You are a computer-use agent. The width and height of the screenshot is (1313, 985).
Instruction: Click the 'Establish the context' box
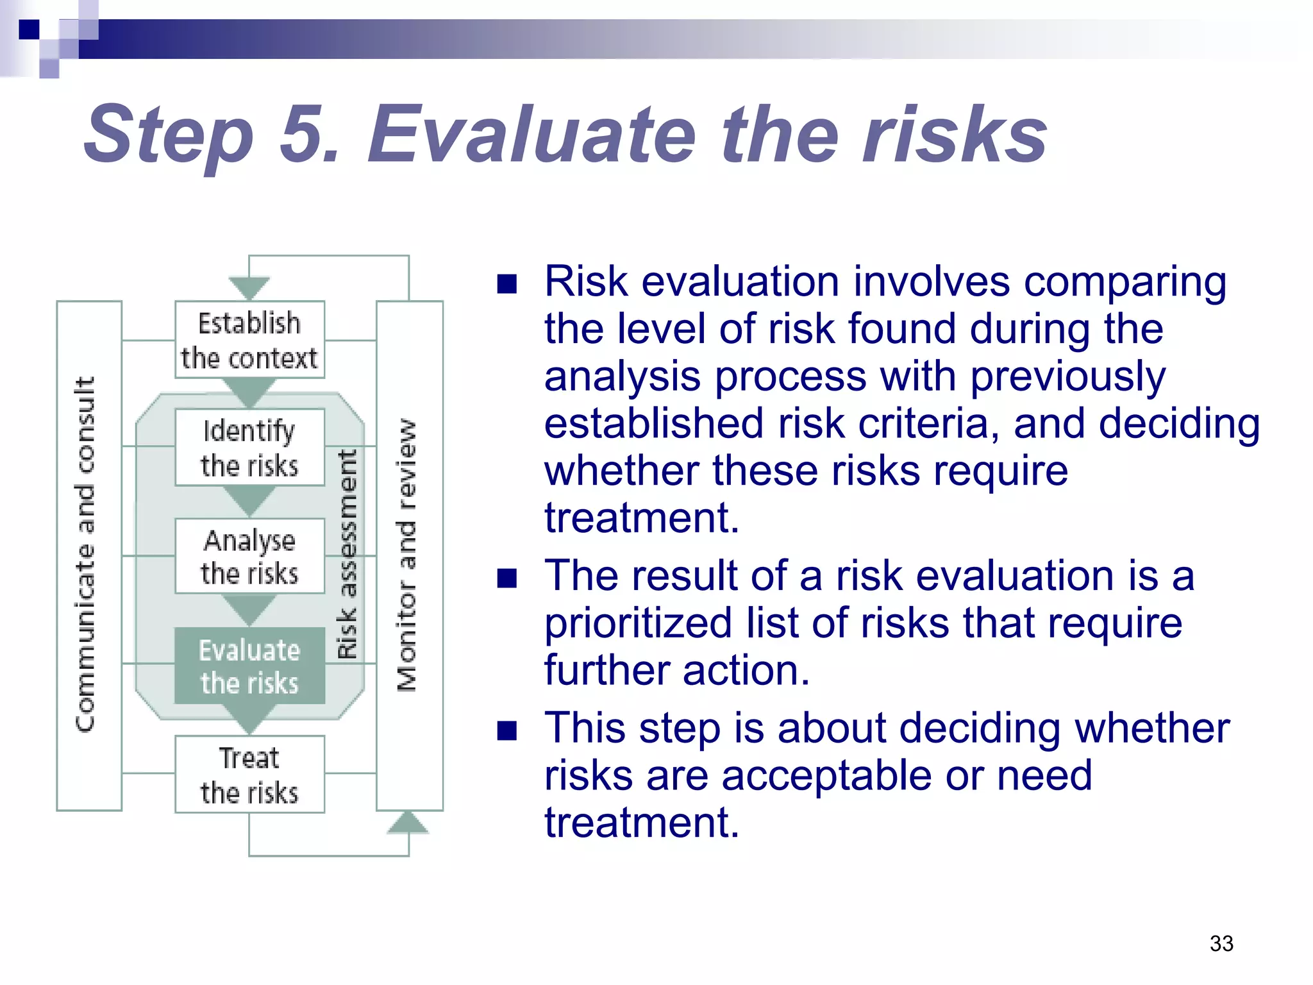coord(249,339)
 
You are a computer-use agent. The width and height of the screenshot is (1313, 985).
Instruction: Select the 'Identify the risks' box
coord(249,447)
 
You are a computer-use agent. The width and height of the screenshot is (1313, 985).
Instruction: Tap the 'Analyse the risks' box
coord(249,556)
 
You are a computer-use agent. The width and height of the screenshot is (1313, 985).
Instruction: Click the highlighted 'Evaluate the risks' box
coord(249,666)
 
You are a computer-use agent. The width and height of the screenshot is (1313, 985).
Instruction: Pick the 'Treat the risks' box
coord(249,774)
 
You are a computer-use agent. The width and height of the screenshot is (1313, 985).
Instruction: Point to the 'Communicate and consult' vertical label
coord(86,554)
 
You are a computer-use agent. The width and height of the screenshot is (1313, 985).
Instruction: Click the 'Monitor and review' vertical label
coord(407,555)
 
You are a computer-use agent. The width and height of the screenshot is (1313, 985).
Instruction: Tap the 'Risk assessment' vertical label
coord(347,554)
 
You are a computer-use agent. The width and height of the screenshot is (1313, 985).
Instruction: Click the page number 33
coord(1221,943)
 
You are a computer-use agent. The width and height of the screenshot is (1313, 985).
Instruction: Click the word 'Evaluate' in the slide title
coord(532,135)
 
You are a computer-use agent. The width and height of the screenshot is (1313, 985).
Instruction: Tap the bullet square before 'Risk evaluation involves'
coord(506,283)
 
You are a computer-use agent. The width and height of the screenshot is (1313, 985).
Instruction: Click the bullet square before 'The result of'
coord(506,578)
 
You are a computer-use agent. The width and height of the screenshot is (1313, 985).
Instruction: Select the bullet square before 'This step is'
coord(506,730)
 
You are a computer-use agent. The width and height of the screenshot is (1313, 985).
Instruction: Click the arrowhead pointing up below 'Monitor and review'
coord(408,822)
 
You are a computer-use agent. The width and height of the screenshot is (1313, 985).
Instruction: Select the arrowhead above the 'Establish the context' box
coord(249,288)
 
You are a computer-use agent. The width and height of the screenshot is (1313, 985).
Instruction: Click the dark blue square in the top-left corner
coord(29,29)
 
